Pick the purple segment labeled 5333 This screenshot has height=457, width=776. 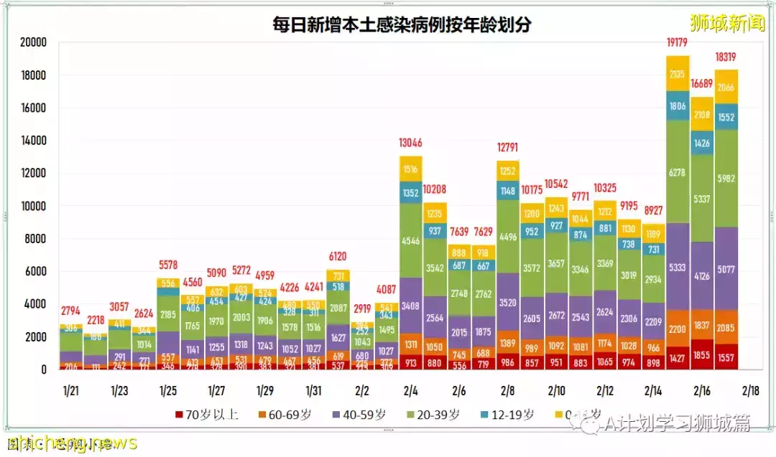click(x=677, y=268)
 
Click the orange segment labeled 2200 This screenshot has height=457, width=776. click(x=677, y=329)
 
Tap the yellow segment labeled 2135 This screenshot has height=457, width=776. click(x=677, y=74)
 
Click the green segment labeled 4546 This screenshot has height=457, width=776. click(x=411, y=241)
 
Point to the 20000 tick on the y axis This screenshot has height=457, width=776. click(x=32, y=42)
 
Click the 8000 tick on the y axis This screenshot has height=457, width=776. click(x=35, y=239)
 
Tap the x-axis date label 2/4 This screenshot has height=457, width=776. click(x=411, y=391)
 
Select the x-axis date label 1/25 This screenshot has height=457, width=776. click(x=168, y=391)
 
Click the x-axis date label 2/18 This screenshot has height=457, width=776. click(x=750, y=391)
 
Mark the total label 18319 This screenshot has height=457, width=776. click(x=726, y=57)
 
